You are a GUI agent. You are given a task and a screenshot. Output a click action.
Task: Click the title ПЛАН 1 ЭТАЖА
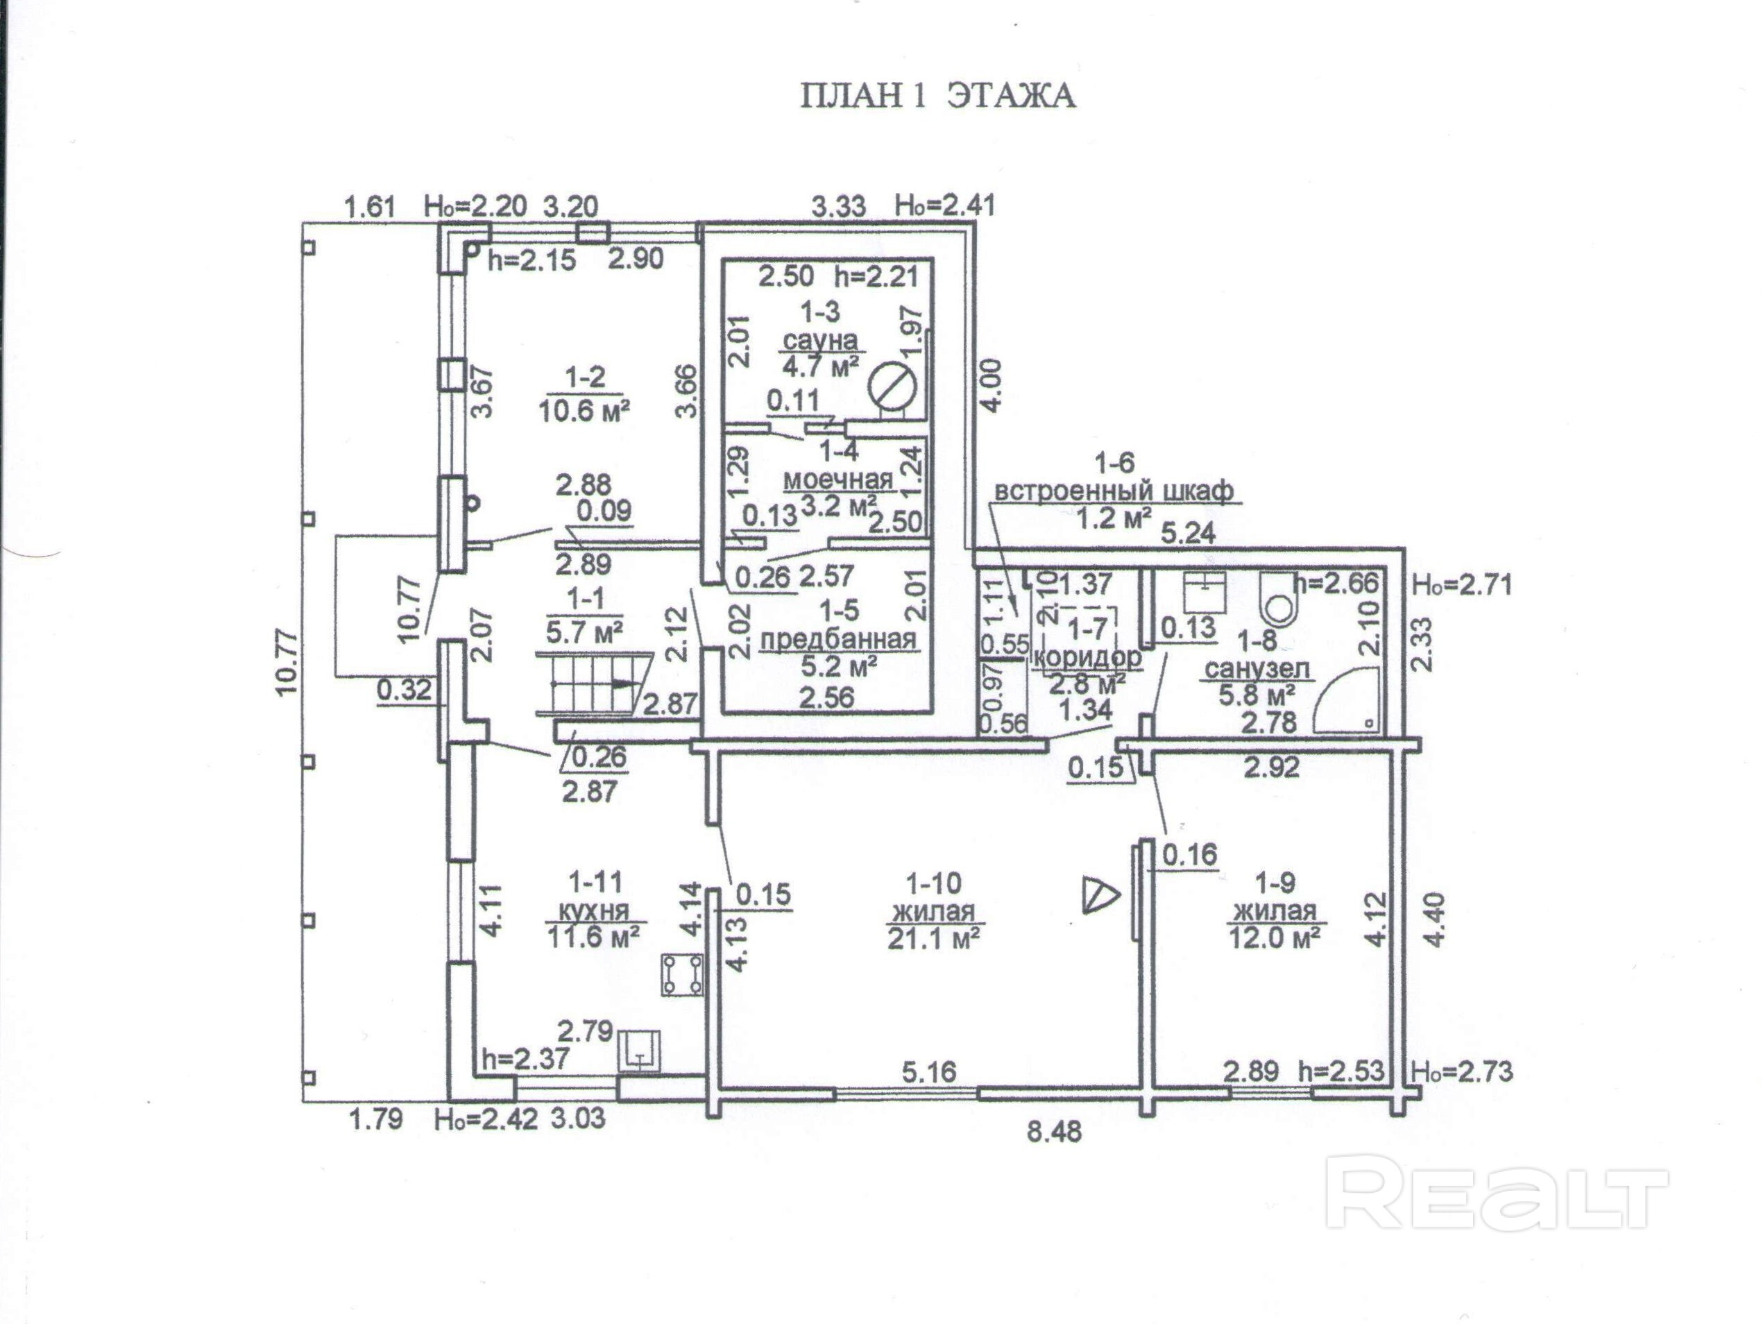click(x=937, y=96)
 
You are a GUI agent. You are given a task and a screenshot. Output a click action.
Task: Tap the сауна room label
click(x=821, y=340)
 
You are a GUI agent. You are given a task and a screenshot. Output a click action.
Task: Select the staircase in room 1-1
click(x=593, y=683)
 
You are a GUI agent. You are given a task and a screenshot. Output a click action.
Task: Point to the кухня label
click(x=593, y=910)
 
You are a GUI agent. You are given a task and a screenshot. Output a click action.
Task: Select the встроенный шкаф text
click(x=1114, y=491)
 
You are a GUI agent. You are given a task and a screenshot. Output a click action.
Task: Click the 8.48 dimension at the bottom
click(x=1054, y=1131)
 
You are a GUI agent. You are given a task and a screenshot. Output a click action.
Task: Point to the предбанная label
click(x=839, y=639)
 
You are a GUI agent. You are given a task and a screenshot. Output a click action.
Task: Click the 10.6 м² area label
click(x=585, y=411)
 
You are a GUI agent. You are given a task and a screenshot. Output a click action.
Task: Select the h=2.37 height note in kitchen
click(x=525, y=1058)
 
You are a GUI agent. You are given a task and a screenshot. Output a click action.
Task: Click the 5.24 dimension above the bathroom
click(x=1189, y=534)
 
